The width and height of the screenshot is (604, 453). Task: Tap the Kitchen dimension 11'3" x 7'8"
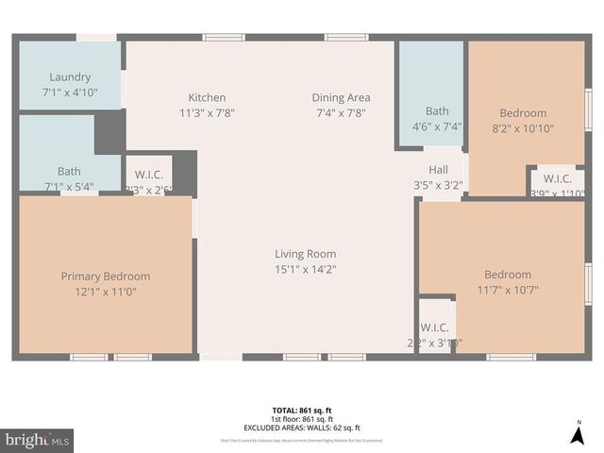207,112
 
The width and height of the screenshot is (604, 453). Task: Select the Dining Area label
341,97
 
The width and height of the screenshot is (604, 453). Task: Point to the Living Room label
305,253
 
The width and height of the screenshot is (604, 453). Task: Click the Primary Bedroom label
105,276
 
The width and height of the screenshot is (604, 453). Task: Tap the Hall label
437,170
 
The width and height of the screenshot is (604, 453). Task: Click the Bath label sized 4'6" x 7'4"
437,110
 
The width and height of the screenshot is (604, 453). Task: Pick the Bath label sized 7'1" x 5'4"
69,171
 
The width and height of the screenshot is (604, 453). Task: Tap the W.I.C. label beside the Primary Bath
149,174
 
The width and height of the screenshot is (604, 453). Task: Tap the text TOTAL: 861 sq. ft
302,410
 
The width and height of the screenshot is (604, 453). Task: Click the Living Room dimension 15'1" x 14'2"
305,269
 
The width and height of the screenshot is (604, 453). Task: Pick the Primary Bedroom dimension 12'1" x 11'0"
105,292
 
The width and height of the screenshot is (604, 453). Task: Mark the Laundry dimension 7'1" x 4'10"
69,92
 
